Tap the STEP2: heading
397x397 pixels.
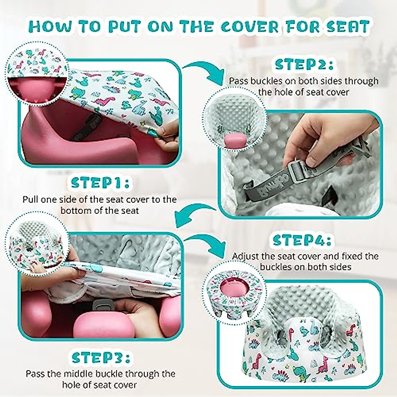point(304,64)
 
